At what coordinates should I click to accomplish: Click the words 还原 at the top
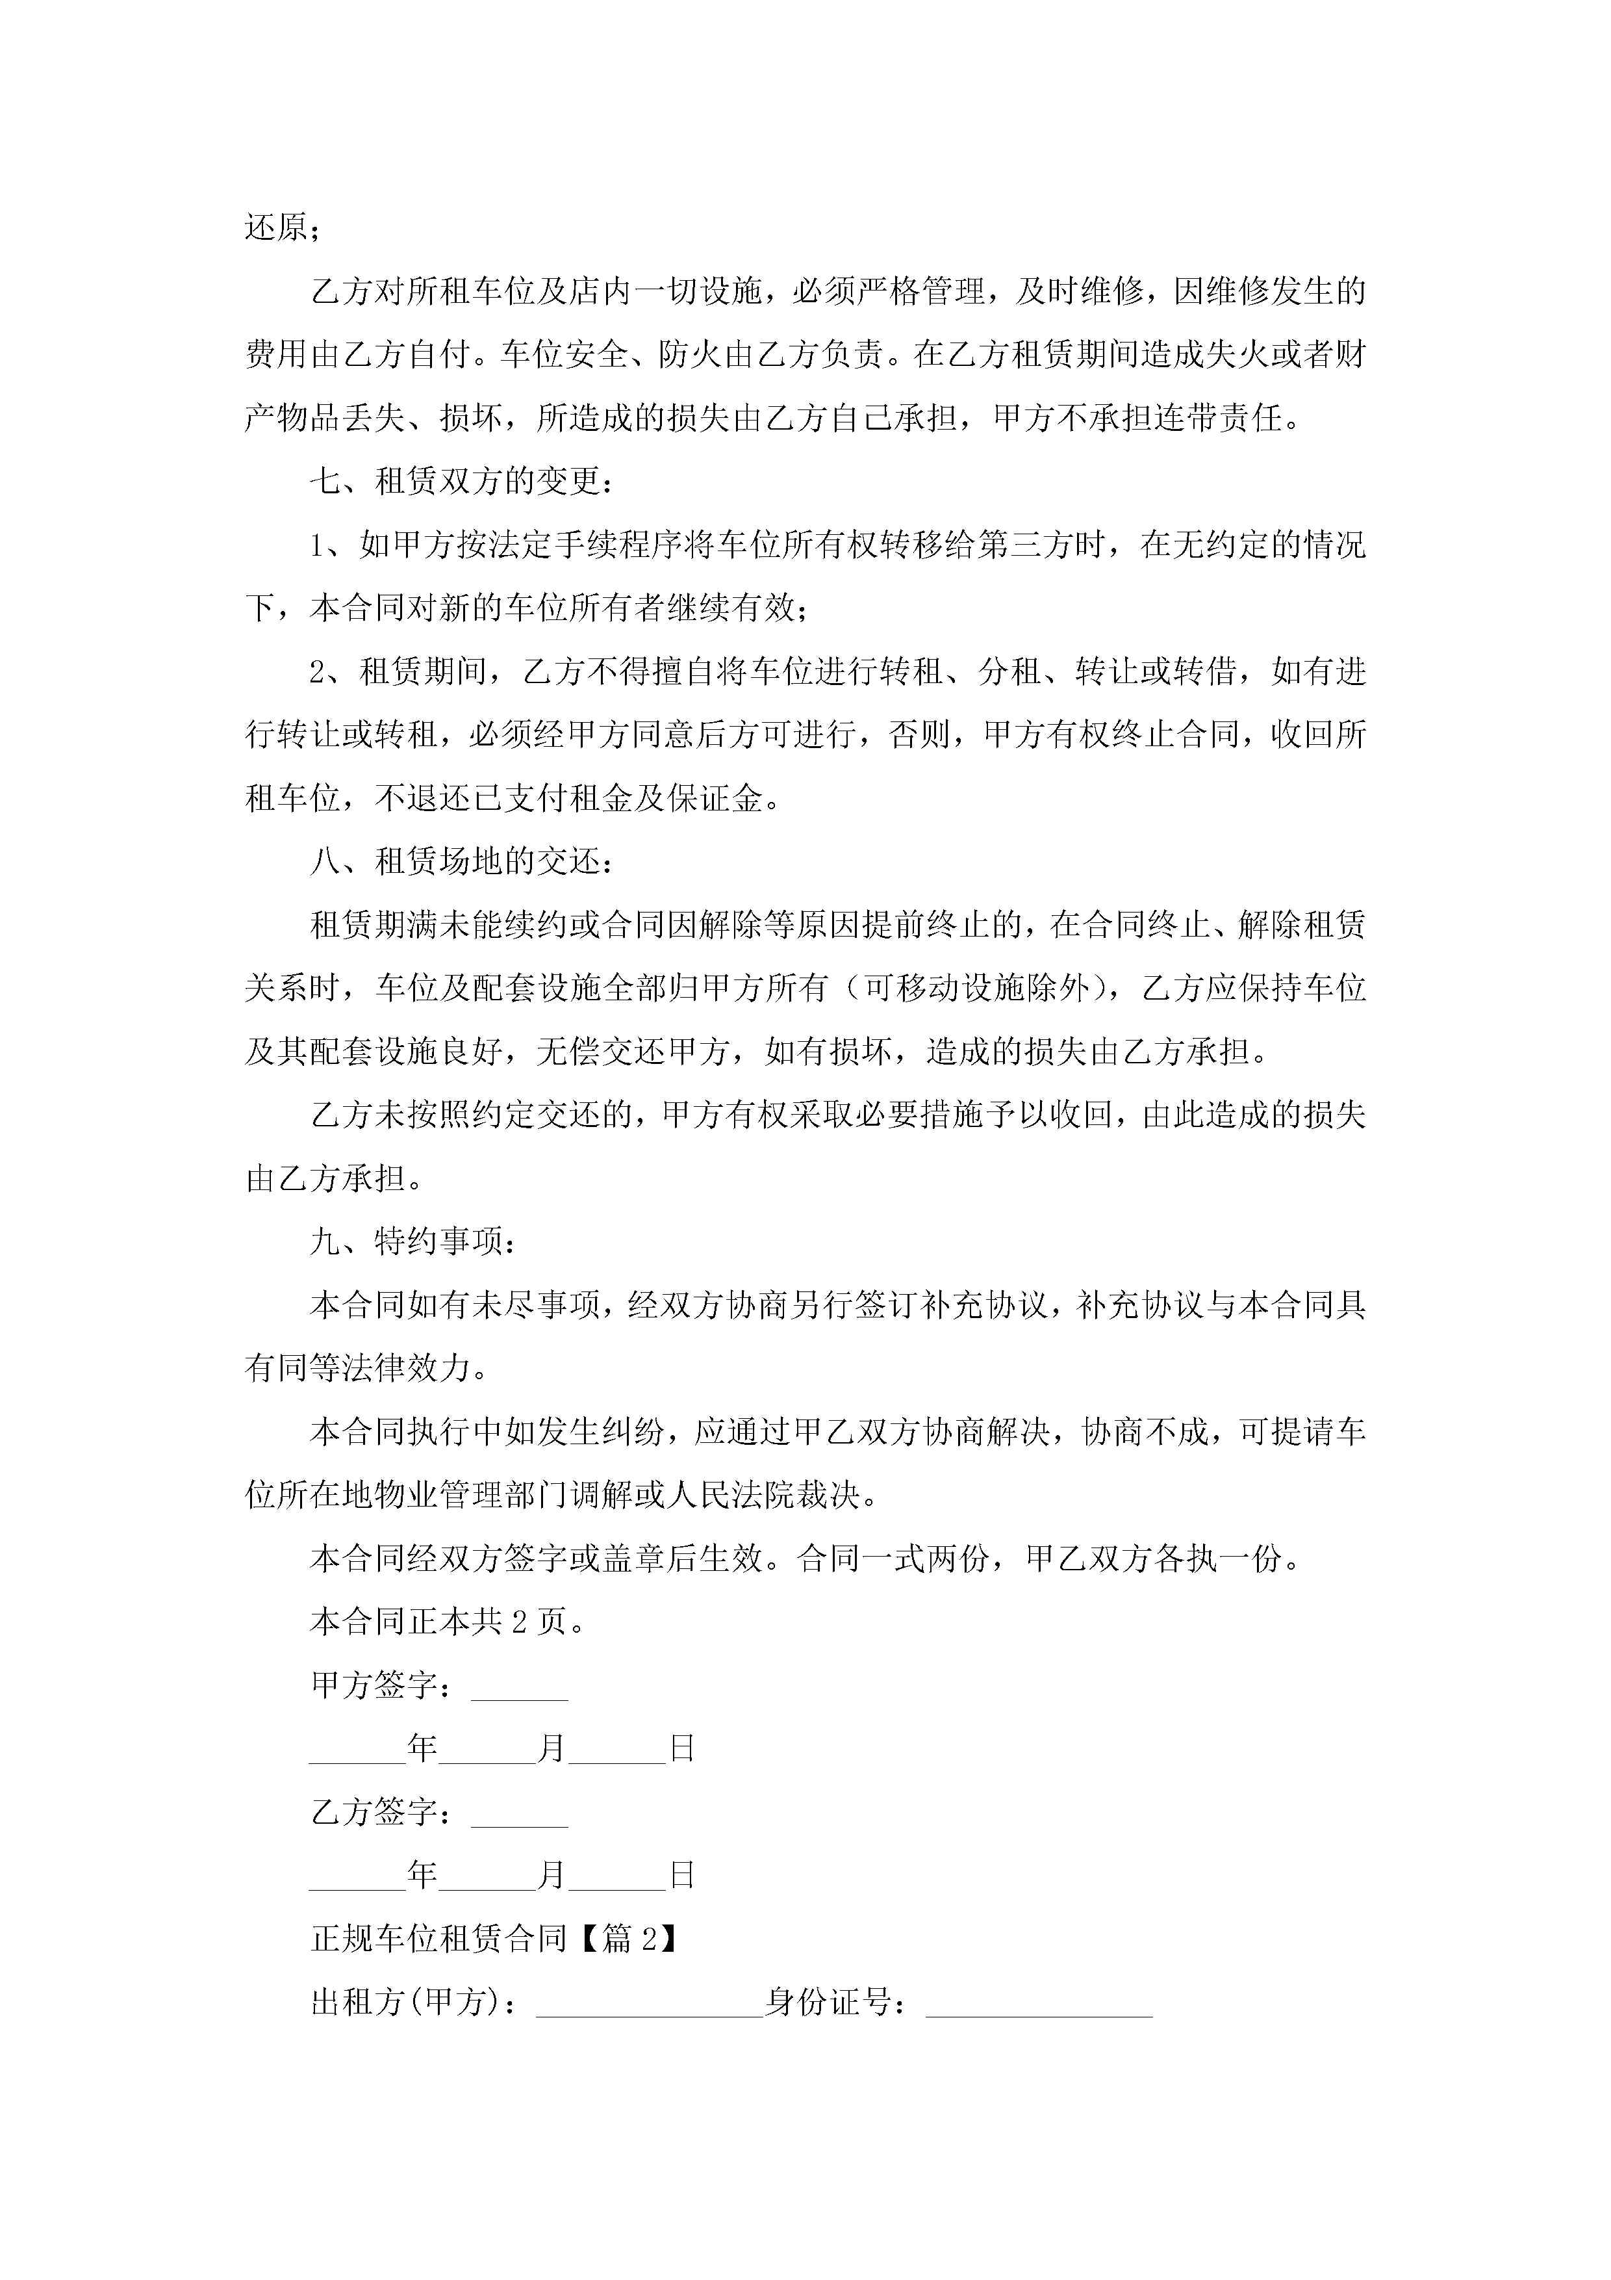click(277, 227)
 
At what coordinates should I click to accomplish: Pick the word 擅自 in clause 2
click(682, 672)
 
